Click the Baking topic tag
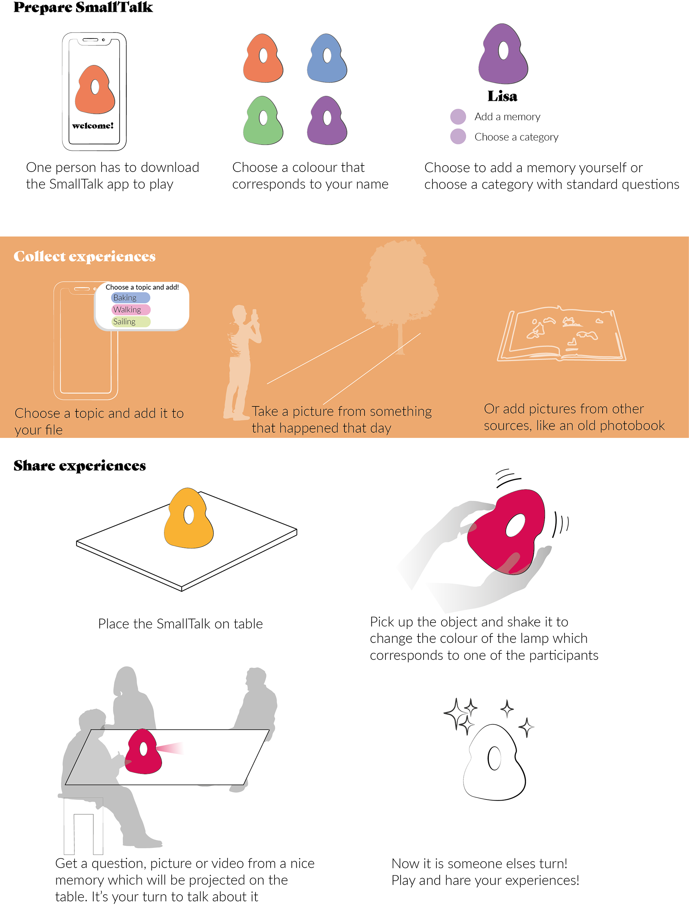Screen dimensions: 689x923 coord(131,298)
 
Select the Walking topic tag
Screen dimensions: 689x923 coord(131,309)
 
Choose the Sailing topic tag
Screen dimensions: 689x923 coord(131,322)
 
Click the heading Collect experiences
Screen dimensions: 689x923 coord(85,256)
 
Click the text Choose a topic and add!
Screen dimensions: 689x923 coord(142,287)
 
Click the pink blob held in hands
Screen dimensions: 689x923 coord(507,532)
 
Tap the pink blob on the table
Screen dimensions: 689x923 coord(143,753)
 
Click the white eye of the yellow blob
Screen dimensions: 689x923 coord(189,515)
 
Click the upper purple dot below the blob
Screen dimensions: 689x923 coord(458,117)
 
